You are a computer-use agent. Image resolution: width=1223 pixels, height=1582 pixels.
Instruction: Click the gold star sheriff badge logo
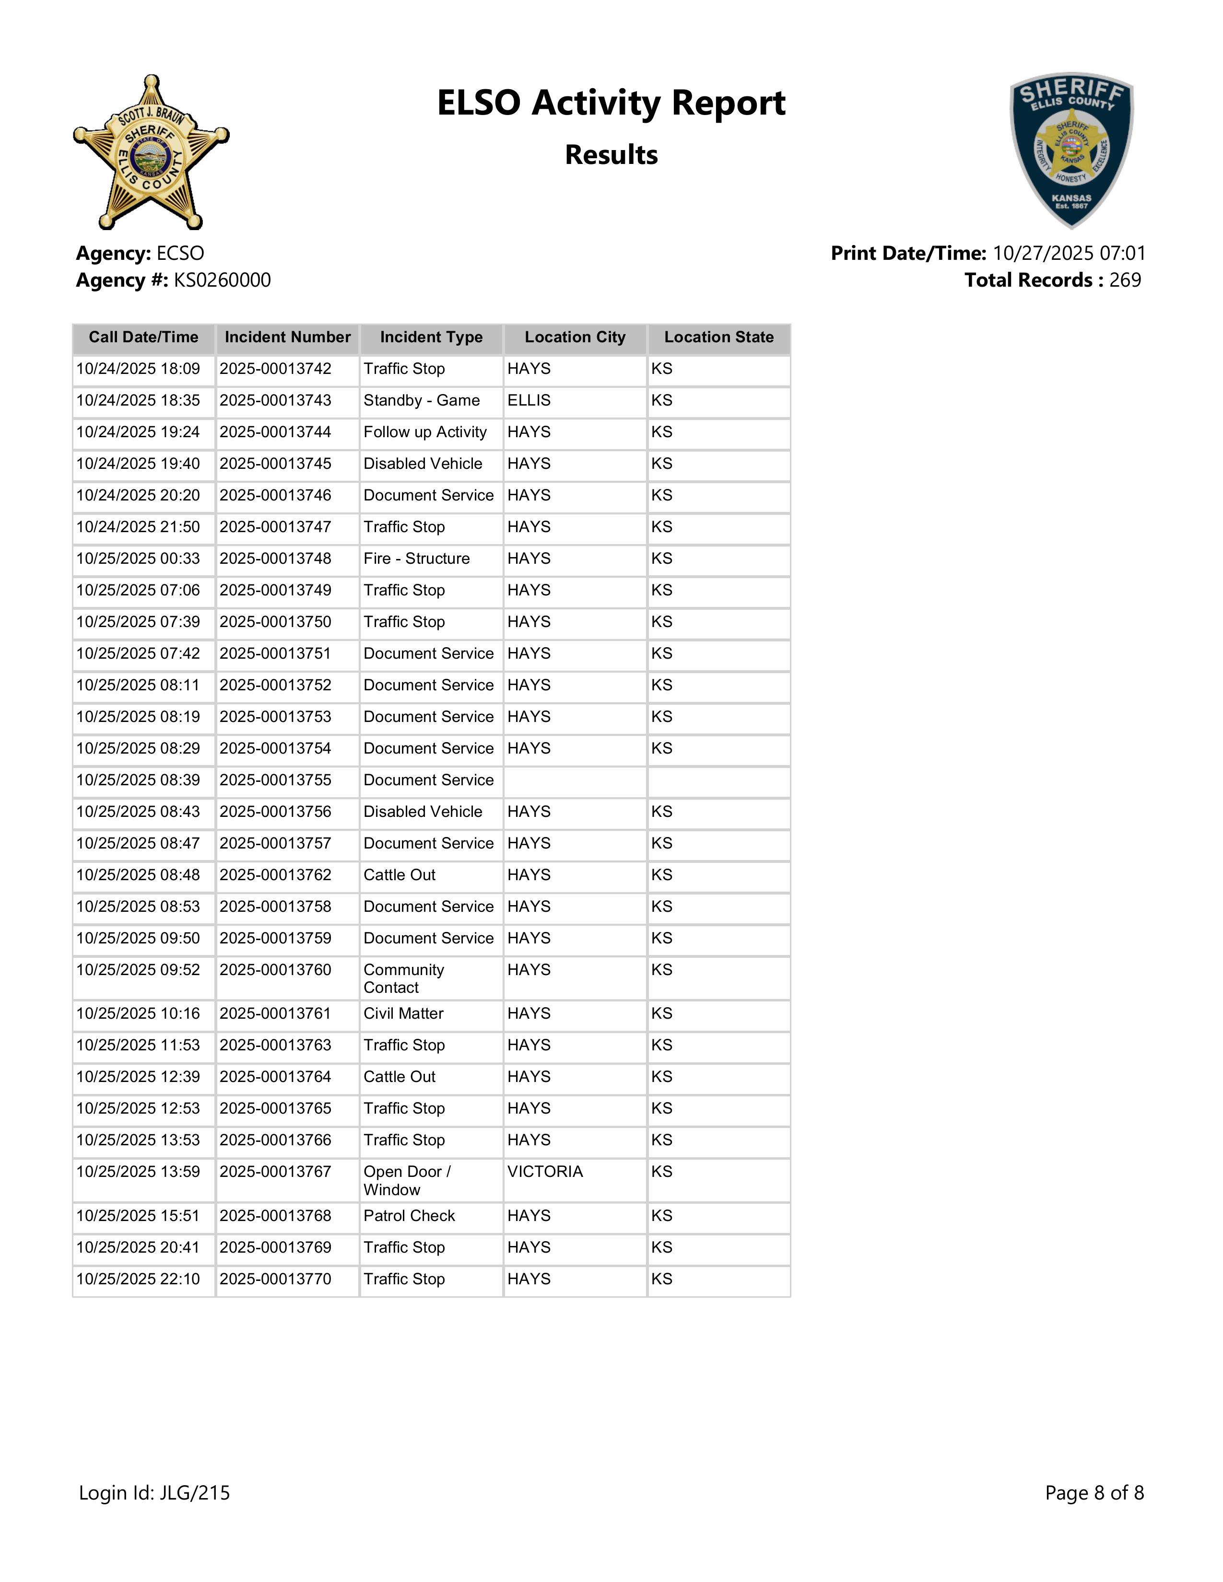click(151, 152)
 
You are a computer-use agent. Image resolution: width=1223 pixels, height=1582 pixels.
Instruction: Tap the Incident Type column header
click(431, 337)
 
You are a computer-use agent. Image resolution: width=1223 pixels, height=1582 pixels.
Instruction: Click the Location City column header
click(575, 337)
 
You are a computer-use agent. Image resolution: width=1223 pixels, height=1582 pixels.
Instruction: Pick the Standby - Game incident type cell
click(421, 401)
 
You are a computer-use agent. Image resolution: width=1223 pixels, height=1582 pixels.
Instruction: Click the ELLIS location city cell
click(529, 401)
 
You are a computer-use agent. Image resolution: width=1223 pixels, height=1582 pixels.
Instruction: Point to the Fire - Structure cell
click(417, 558)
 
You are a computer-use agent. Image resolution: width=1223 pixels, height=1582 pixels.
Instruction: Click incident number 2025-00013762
click(275, 875)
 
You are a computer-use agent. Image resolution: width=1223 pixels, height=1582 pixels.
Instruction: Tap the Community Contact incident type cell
click(403, 978)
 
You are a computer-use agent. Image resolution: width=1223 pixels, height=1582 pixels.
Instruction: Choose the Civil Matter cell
click(403, 1013)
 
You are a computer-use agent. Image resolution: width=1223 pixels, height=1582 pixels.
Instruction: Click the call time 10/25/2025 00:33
click(138, 558)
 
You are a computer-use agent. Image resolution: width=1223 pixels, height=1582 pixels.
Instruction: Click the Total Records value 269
click(1125, 280)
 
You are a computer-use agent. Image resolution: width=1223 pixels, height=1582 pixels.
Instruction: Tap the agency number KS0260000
click(222, 280)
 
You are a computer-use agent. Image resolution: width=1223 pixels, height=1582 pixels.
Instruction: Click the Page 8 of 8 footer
click(1094, 1492)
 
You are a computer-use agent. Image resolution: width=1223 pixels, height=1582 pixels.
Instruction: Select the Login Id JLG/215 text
click(154, 1492)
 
